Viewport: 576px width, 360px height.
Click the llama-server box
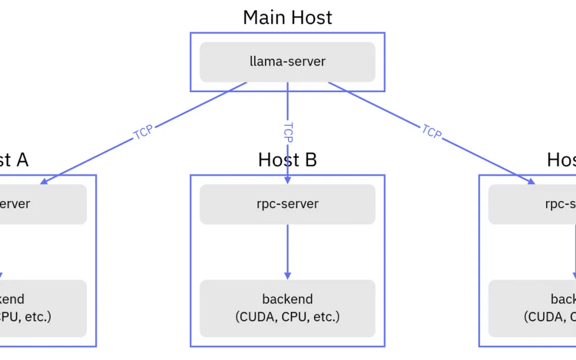click(x=287, y=62)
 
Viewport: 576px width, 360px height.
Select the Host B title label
click(x=287, y=160)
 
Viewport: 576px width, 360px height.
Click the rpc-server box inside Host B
click(x=287, y=204)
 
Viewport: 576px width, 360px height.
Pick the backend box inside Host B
click(x=287, y=308)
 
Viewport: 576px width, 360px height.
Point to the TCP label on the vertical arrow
click(x=288, y=132)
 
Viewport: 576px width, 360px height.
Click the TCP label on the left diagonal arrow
click(x=143, y=132)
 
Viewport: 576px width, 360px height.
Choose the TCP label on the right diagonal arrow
click(x=431, y=132)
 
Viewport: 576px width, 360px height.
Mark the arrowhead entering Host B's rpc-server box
click(x=287, y=180)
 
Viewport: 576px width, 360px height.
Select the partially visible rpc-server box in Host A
click(x=43, y=204)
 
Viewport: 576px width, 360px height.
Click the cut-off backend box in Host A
click(x=43, y=308)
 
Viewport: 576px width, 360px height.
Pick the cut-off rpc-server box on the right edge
click(x=532, y=204)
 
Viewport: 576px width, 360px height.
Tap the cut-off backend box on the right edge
click(x=532, y=308)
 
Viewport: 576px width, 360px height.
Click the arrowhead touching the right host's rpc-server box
click(x=531, y=181)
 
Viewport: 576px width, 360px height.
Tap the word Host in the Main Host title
click(x=310, y=17)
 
